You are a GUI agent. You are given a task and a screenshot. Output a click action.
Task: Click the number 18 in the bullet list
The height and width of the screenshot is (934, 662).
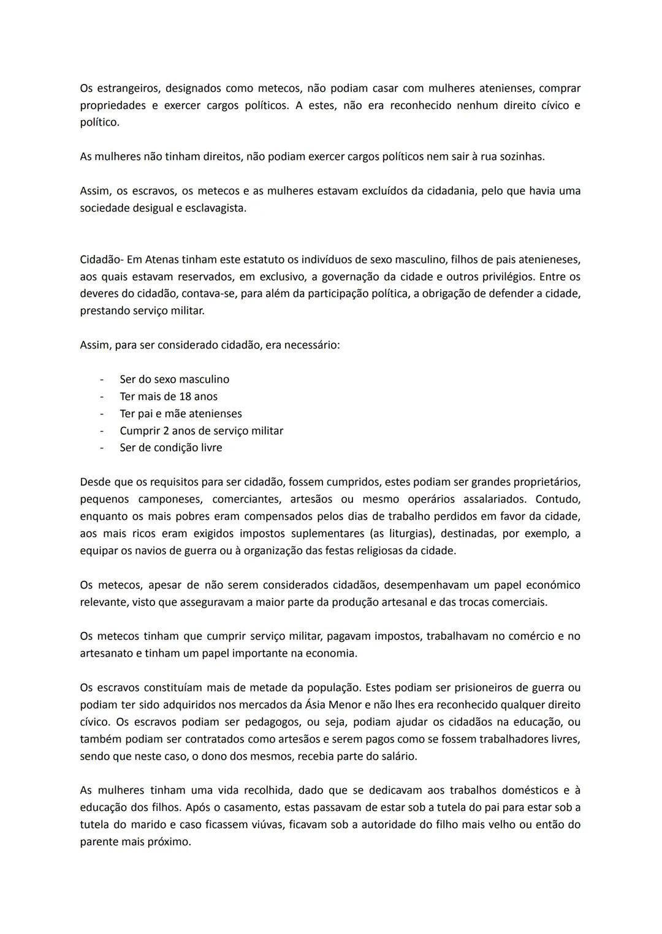(x=186, y=397)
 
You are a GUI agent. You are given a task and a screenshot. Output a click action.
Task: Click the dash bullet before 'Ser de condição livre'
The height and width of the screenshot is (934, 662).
(x=102, y=448)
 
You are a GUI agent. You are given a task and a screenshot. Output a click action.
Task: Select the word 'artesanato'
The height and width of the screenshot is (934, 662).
(x=106, y=653)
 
